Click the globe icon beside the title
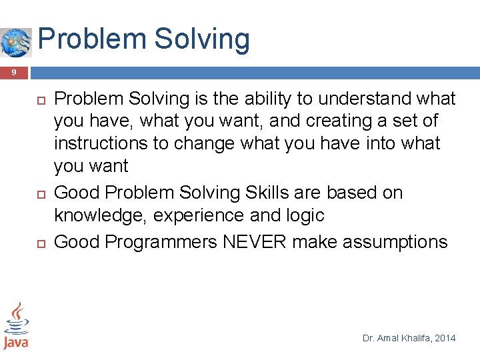coord(16,42)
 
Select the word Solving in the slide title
coord(202,39)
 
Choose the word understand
coord(360,99)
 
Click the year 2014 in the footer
coord(445,339)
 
